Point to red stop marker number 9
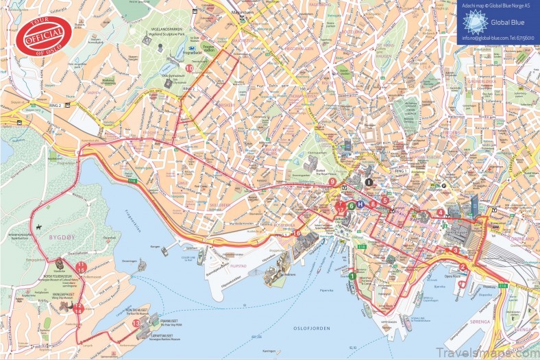coord(332,182)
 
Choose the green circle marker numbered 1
coord(352,276)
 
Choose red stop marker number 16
coord(297,234)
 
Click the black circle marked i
coord(369,182)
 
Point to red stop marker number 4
coord(440,212)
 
